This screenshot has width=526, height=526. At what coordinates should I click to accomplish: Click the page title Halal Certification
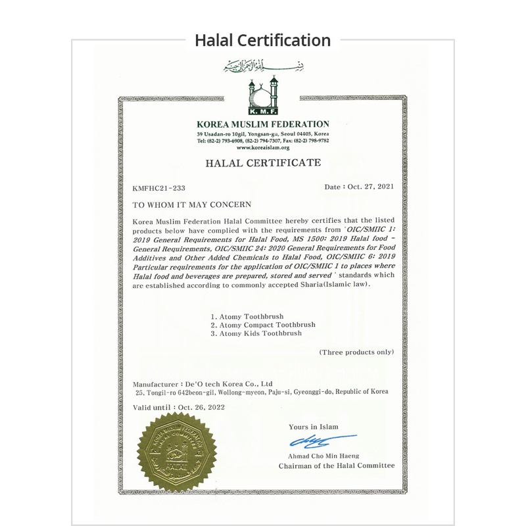pyautogui.click(x=262, y=40)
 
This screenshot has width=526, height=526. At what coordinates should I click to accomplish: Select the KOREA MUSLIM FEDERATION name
pyautogui.click(x=262, y=124)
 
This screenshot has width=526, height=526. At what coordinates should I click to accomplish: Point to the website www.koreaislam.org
pyautogui.click(x=262, y=148)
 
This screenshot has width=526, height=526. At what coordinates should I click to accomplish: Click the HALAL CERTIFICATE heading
pyautogui.click(x=262, y=162)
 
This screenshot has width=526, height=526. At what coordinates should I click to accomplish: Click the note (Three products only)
pyautogui.click(x=356, y=352)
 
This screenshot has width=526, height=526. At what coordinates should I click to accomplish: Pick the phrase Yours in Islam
pyautogui.click(x=314, y=427)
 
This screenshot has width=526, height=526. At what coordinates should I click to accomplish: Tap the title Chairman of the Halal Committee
pyautogui.click(x=336, y=466)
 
